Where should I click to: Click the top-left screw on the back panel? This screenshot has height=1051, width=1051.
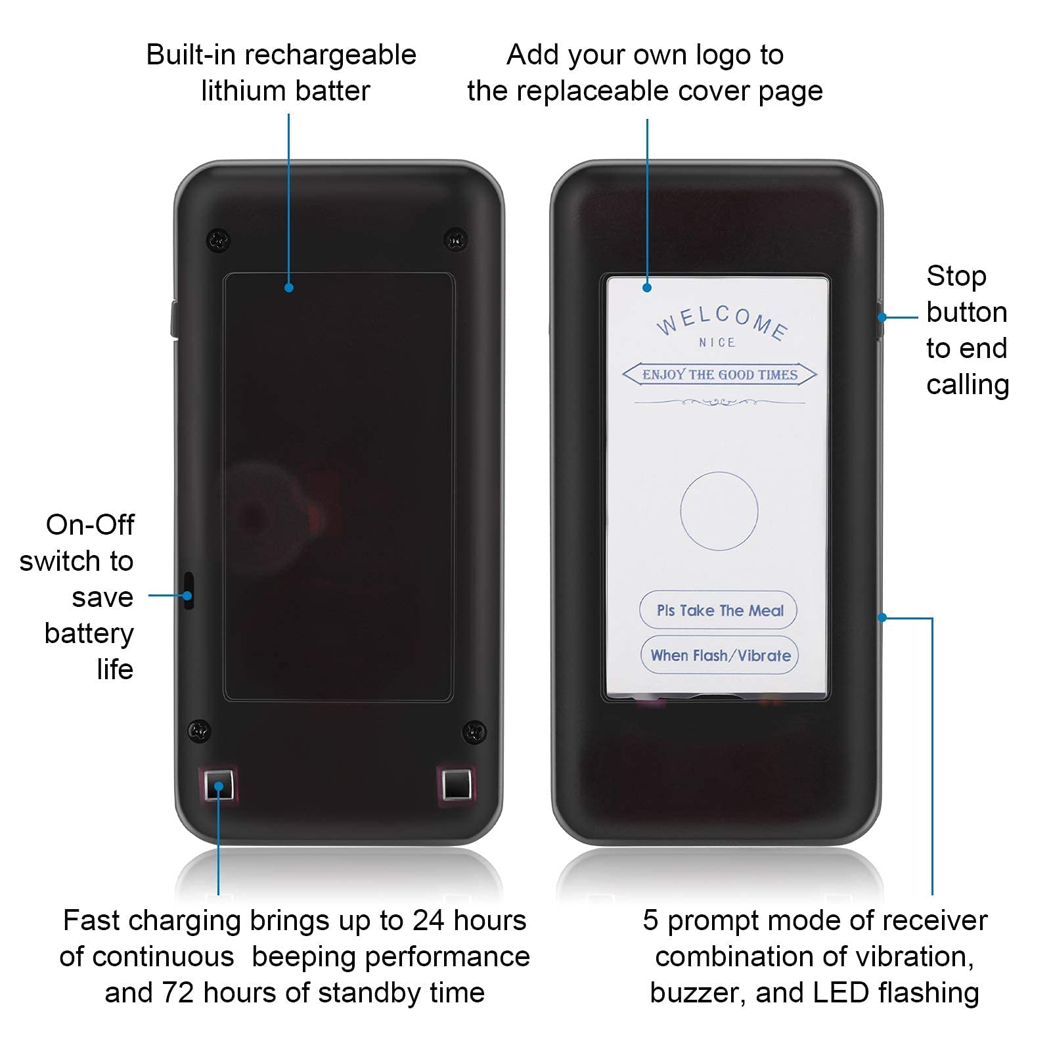[x=219, y=240]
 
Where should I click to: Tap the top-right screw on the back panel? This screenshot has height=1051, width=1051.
[x=456, y=239]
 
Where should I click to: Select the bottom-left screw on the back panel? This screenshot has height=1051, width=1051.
[x=199, y=730]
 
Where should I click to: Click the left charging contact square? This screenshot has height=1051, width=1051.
[x=218, y=785]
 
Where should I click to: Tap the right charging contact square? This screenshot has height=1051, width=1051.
[x=457, y=784]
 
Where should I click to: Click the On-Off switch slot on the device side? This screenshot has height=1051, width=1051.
[x=189, y=591]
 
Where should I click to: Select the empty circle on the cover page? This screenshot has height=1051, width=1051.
[x=719, y=511]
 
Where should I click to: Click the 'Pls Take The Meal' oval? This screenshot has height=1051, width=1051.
[x=718, y=610]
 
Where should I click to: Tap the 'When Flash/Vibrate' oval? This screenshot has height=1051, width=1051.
[x=719, y=655]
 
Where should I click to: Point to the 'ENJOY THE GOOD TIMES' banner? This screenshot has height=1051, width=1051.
[x=719, y=374]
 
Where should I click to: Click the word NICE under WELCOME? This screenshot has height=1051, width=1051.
[x=717, y=342]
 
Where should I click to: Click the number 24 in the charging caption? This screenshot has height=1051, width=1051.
[x=428, y=920]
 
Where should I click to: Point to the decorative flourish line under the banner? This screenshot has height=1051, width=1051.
[x=719, y=401]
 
